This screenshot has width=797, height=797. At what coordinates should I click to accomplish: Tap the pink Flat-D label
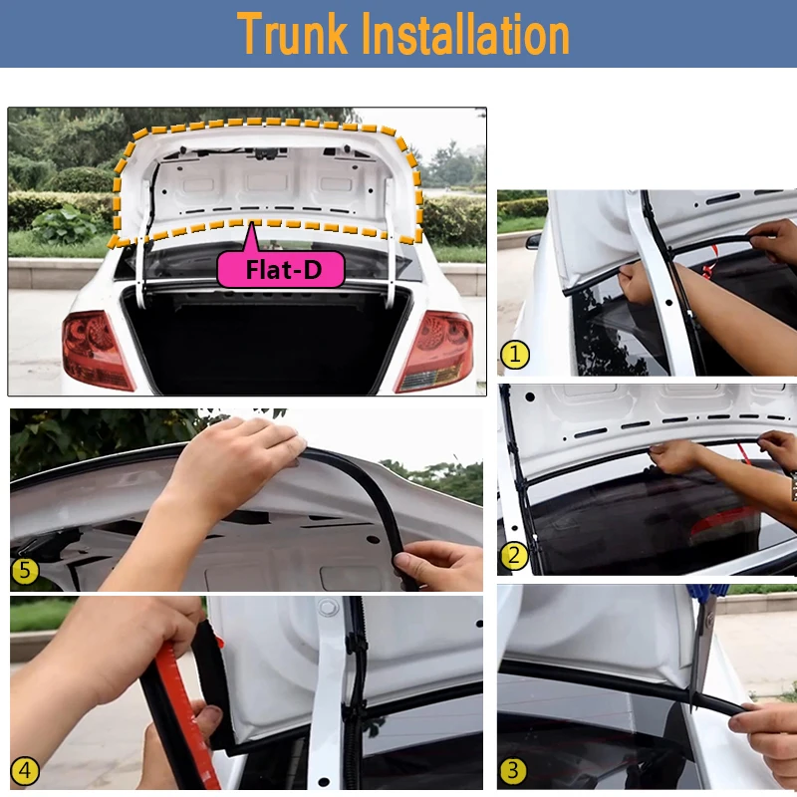click(281, 269)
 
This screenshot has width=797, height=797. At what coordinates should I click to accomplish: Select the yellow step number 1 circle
click(515, 355)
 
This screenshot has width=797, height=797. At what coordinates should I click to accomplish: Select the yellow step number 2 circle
click(514, 556)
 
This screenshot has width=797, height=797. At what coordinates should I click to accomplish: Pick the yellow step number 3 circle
click(513, 770)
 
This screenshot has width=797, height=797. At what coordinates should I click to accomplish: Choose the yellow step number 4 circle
click(24, 771)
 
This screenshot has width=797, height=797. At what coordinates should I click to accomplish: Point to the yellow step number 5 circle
click(25, 570)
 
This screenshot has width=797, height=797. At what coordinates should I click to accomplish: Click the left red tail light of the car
click(97, 350)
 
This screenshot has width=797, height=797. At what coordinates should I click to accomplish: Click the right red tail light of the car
click(434, 351)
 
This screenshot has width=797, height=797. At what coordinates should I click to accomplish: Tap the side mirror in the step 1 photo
click(533, 241)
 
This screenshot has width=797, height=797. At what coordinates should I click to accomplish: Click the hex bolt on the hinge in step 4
click(329, 607)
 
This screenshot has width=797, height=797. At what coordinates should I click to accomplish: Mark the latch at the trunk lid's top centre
click(266, 153)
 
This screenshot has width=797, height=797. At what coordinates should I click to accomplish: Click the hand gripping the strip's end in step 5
click(438, 565)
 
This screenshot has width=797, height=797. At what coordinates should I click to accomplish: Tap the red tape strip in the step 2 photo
click(743, 453)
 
